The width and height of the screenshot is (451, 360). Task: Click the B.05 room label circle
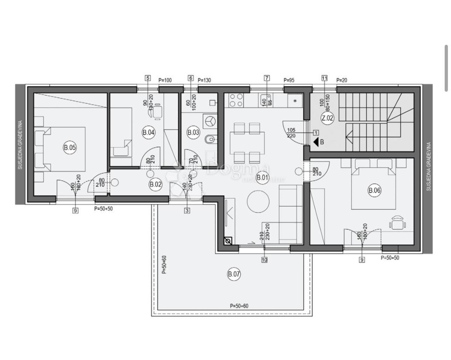click(x=70, y=148)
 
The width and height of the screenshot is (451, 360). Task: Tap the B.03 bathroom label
click(x=193, y=132)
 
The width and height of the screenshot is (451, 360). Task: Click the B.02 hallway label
click(x=155, y=184)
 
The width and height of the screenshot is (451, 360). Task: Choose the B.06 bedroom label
click(x=374, y=191)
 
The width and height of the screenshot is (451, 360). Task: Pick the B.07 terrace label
click(x=234, y=274)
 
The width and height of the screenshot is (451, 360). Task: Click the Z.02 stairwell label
click(x=327, y=118)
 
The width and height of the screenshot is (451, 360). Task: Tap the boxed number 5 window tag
click(x=148, y=78)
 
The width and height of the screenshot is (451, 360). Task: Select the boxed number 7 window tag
click(x=267, y=78)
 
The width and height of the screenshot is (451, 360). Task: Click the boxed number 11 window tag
click(x=324, y=78)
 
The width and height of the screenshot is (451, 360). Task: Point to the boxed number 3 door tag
click(x=187, y=211)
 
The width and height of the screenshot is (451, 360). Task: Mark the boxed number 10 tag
click(x=264, y=259)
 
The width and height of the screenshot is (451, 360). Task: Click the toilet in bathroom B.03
click(x=210, y=140)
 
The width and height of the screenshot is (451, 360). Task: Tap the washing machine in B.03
click(x=210, y=121)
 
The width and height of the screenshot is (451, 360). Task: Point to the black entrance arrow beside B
click(x=316, y=142)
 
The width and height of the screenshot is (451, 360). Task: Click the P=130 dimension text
click(x=204, y=80)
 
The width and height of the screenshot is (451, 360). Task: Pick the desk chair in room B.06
click(x=398, y=223)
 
